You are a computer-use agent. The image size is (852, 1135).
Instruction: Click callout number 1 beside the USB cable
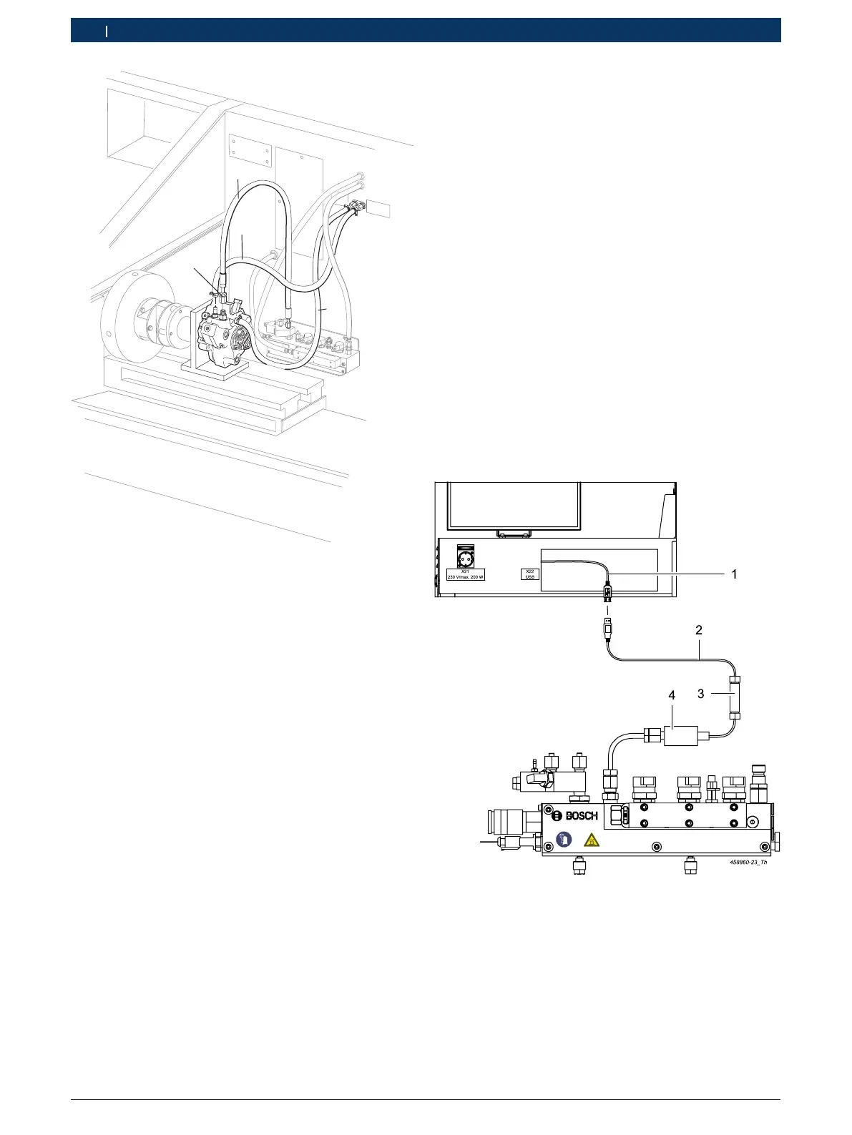click(734, 574)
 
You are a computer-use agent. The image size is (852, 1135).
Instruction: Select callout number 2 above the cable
click(698, 630)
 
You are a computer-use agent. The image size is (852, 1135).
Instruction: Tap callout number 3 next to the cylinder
click(701, 694)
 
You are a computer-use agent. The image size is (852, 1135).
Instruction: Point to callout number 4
click(671, 694)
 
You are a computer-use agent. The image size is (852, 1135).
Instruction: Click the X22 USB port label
click(529, 574)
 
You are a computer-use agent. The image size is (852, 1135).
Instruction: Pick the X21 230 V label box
click(466, 574)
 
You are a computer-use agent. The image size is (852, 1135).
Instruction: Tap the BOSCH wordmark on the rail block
click(582, 816)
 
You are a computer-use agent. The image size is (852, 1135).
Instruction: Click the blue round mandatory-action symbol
click(564, 839)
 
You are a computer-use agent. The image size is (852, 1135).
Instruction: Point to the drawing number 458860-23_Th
click(748, 863)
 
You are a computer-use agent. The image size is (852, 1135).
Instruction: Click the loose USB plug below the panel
click(608, 627)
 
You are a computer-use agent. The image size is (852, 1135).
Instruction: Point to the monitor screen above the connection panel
click(514, 506)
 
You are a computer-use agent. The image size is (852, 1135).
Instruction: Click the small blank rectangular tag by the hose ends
click(379, 210)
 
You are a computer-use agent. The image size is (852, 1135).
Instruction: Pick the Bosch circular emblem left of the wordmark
click(557, 816)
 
